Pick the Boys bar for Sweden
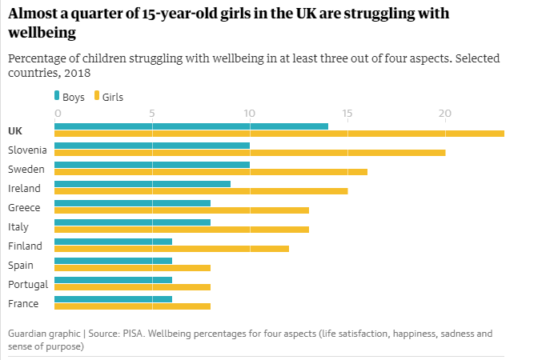[x=151, y=164]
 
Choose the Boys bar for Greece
[x=132, y=202]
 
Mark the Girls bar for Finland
[x=171, y=248]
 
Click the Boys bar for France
[x=113, y=298]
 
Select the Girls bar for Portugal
[x=132, y=286]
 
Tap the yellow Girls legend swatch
[x=96, y=96]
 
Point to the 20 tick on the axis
[x=445, y=113]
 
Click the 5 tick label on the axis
[x=151, y=113]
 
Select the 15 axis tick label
[x=347, y=113]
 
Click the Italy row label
[x=18, y=226]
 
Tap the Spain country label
[x=20, y=265]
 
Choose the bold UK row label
[x=15, y=130]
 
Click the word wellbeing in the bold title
[x=42, y=34]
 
